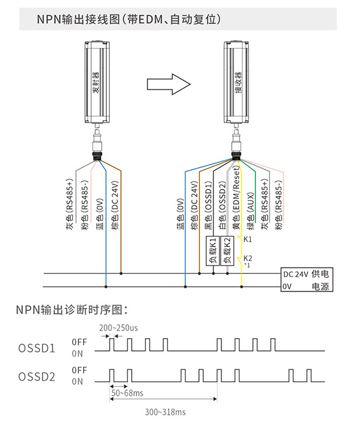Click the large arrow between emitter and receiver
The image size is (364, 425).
[169, 84]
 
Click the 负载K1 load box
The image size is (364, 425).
[213, 251]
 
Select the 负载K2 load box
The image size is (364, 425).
[227, 251]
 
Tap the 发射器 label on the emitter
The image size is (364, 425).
[96, 83]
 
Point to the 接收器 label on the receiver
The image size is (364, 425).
[238, 83]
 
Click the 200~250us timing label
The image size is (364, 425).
[118, 328]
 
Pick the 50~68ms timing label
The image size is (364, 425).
[127, 393]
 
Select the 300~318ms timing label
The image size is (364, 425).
[166, 412]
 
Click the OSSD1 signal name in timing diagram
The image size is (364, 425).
[36, 348]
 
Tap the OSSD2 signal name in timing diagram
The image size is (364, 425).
[36, 377]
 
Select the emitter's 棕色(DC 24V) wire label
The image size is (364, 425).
[115, 205]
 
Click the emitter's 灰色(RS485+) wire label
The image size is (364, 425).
[70, 205]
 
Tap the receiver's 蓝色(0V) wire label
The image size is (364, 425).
[181, 214]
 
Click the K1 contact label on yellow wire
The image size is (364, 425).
[248, 239]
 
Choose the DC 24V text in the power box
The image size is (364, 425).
[295, 274]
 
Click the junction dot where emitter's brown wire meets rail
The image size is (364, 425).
[121, 273]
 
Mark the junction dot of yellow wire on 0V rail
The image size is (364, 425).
[241, 287]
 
